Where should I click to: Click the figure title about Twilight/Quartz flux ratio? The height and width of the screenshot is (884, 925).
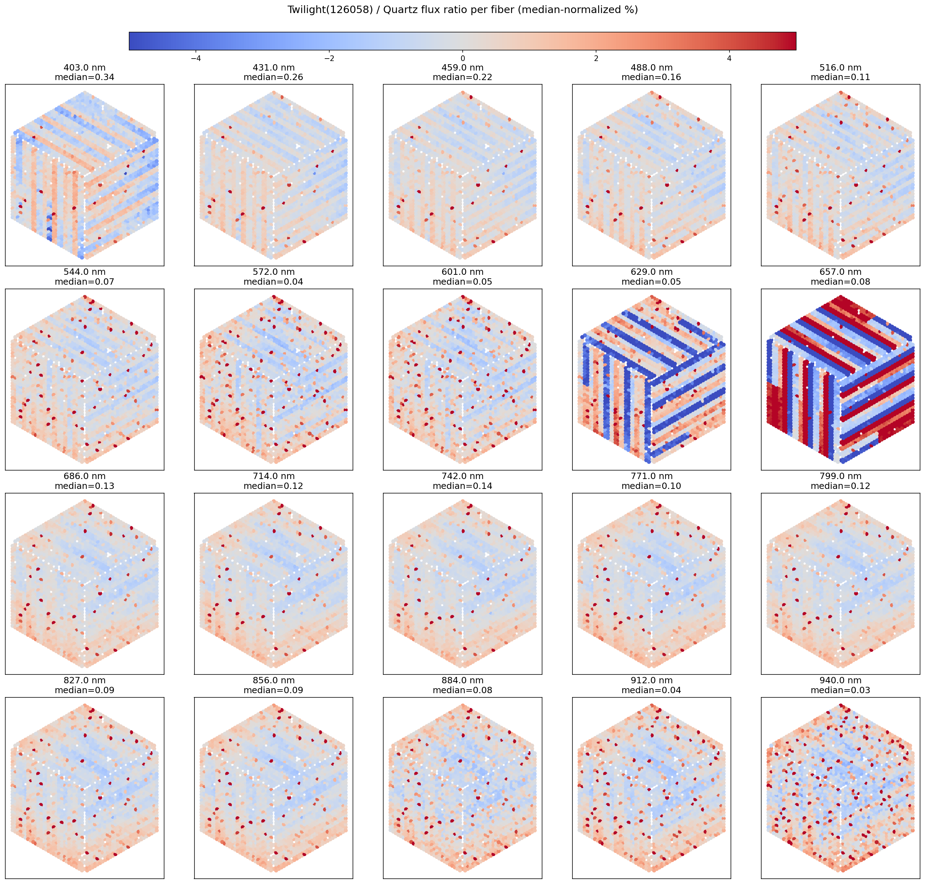click(462, 10)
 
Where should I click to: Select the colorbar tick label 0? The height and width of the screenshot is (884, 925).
click(462, 59)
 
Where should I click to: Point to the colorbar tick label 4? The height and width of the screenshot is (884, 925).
click(729, 59)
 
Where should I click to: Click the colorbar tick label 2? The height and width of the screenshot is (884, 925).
click(596, 59)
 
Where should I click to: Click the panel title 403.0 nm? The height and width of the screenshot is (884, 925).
click(84, 68)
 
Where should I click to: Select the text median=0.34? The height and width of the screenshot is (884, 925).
click(84, 77)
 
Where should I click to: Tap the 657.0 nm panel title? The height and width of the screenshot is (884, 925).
click(840, 272)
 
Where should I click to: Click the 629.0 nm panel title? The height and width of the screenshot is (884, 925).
click(651, 272)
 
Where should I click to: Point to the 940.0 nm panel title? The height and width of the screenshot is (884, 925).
click(840, 680)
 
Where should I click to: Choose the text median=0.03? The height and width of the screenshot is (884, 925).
click(840, 690)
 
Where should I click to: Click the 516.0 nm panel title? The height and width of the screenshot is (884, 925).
click(840, 68)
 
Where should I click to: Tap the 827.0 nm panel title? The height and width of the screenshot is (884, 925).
click(84, 680)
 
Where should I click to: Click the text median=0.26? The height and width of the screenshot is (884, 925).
click(274, 77)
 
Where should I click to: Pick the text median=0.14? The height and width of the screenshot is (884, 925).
click(462, 486)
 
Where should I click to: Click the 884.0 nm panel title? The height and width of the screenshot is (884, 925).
click(462, 680)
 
